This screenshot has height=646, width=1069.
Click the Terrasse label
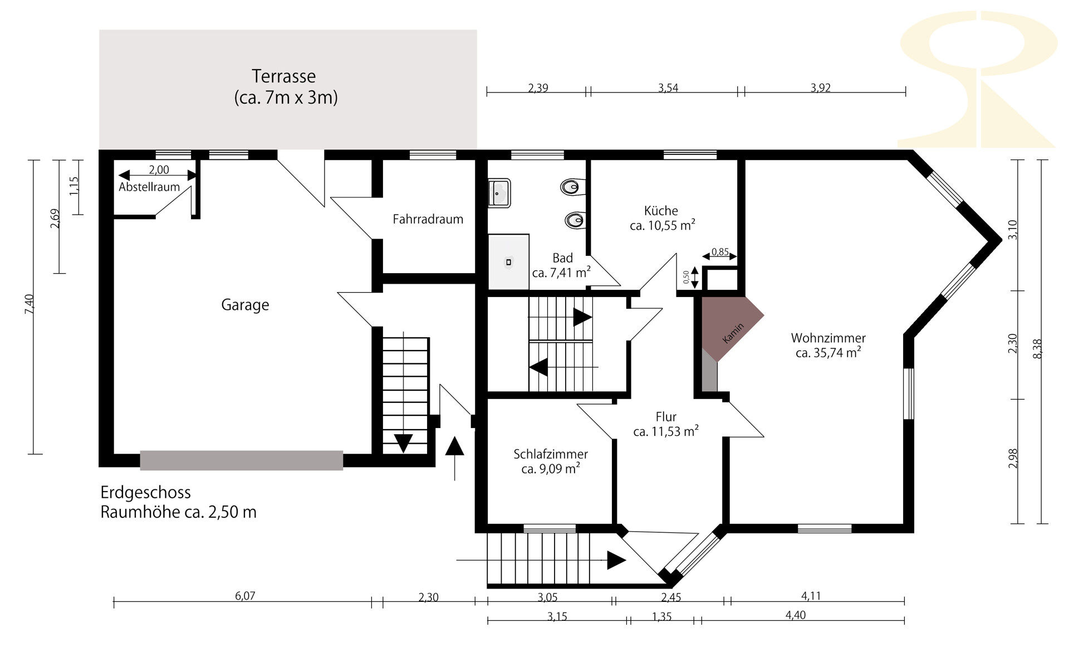(283, 76)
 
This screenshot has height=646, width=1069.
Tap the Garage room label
(245, 305)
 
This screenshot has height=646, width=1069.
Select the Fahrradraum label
(428, 219)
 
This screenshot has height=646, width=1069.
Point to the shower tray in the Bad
(508, 261)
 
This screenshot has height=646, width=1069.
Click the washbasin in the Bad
(499, 193)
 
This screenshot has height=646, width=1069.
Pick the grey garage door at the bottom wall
(241, 460)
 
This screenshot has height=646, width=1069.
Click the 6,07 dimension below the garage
(245, 596)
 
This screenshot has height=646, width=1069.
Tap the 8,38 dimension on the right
(1037, 349)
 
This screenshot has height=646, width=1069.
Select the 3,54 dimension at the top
(668, 88)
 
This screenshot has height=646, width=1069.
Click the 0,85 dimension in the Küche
(720, 252)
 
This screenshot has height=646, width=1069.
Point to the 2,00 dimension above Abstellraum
(159, 170)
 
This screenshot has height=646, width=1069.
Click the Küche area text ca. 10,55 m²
(663, 226)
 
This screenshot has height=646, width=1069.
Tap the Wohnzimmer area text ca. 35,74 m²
(828, 353)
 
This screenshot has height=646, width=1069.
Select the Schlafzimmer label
(551, 454)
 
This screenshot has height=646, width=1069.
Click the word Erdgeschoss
(145, 493)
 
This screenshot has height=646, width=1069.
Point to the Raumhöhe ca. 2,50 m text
(178, 512)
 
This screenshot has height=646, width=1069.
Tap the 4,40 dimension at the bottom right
(795, 615)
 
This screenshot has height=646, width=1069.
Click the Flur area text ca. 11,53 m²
(666, 431)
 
